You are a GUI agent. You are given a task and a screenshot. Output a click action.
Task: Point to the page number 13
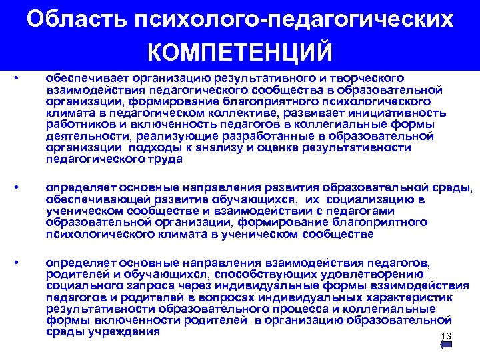point(446,336)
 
